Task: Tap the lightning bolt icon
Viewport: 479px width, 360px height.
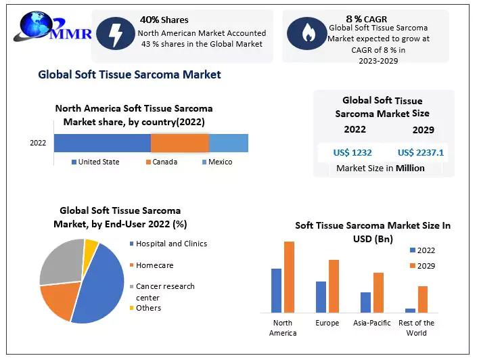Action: [115, 33]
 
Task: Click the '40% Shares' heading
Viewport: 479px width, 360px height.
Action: [164, 20]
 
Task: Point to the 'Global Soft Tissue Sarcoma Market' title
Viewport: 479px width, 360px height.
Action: [129, 74]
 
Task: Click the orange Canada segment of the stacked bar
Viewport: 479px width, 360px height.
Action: [180, 143]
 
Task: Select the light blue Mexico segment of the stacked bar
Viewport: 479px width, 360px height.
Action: [229, 143]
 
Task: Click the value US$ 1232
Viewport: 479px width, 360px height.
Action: [352, 152]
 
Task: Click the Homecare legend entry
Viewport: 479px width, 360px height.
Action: [154, 265]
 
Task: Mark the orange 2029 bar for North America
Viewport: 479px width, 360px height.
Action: [289, 277]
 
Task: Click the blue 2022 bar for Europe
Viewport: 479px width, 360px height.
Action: [321, 296]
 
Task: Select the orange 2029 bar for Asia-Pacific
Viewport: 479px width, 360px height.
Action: [378, 292]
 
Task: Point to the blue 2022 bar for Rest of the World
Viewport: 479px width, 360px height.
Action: [410, 310]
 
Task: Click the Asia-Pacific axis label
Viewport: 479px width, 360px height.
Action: [372, 323]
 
